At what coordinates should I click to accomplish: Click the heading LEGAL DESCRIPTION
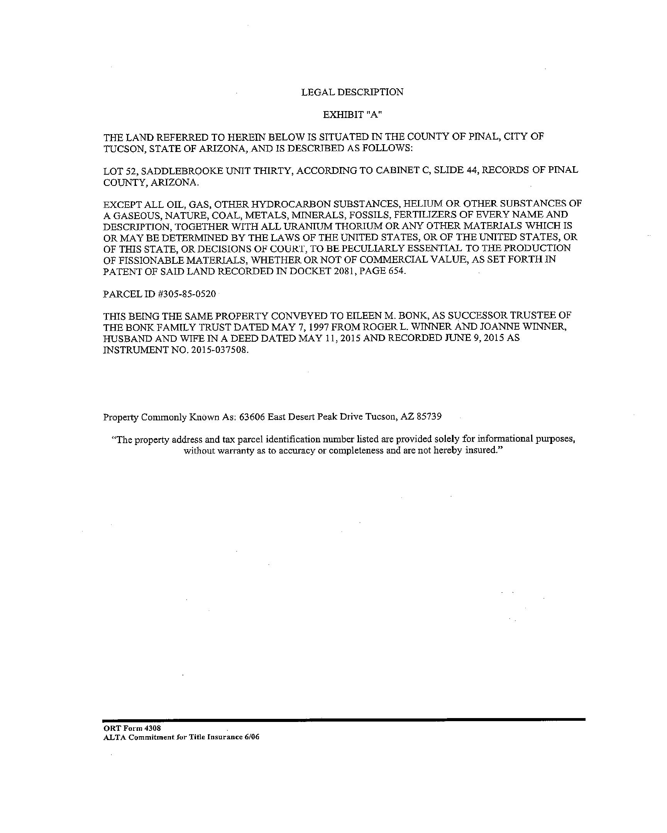click(352, 92)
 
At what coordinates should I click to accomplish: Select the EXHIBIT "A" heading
click(352, 115)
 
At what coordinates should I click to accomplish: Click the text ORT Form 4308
click(132, 728)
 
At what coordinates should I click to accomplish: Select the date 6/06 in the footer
click(251, 737)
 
